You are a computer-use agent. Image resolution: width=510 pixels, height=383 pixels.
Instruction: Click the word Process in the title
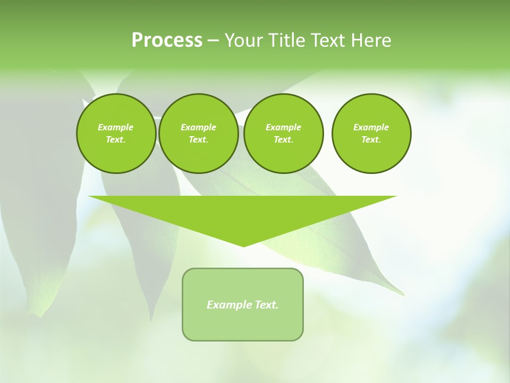(167, 40)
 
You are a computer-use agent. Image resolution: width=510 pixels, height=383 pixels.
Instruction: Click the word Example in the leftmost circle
(116, 127)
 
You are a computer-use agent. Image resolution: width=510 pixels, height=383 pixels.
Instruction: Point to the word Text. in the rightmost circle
(371, 140)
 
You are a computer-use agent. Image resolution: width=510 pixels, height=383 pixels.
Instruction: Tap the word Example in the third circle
(283, 127)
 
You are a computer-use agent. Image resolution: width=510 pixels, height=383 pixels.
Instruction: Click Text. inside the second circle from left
(198, 140)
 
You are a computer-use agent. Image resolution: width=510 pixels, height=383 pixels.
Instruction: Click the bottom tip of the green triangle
(243, 245)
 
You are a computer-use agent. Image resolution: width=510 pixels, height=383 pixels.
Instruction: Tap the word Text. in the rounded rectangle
(266, 305)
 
